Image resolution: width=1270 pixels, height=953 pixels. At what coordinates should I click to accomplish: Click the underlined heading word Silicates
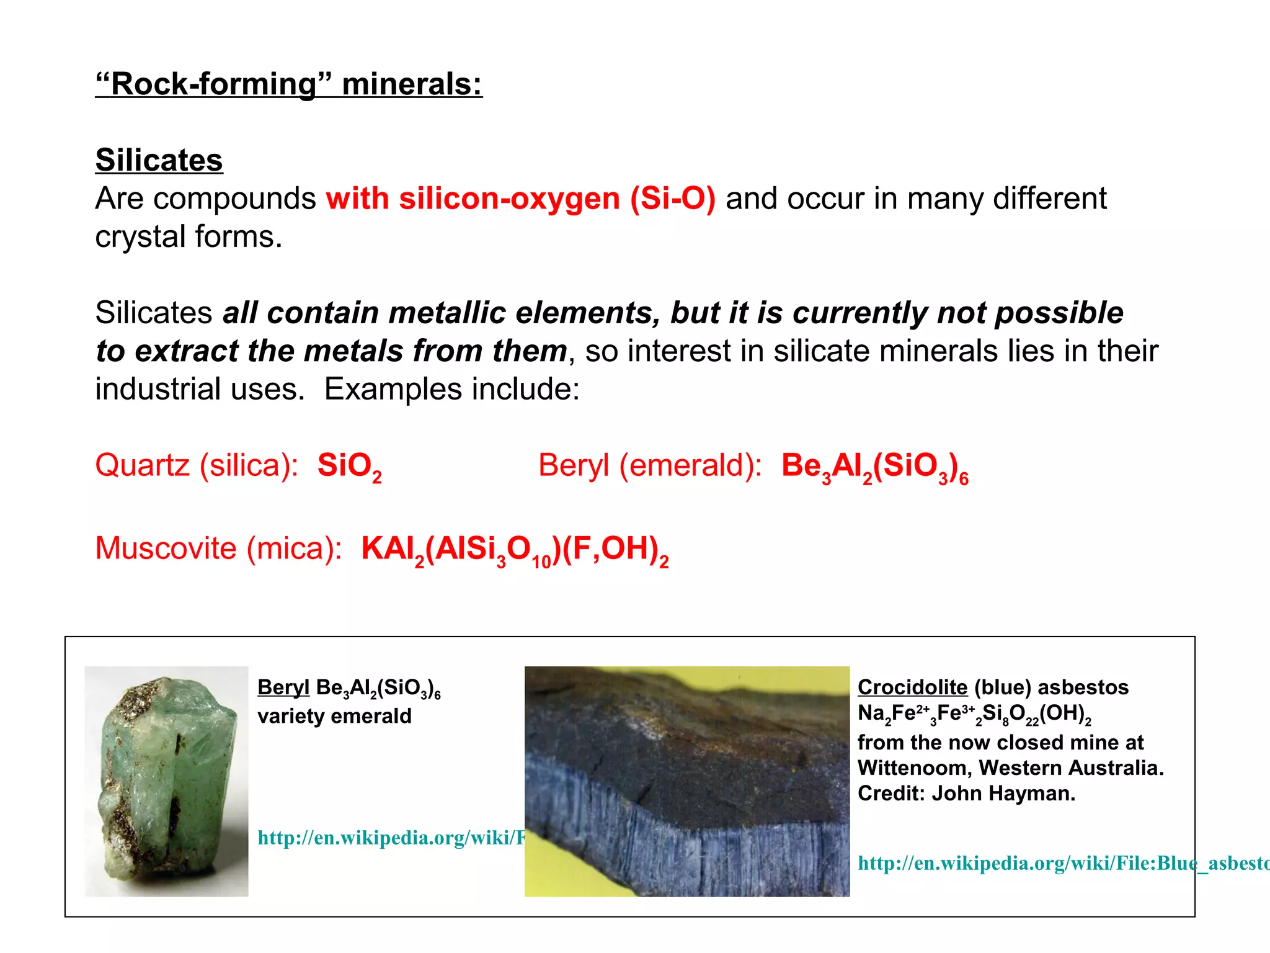159,160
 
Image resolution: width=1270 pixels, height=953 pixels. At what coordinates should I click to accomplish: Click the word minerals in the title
412,84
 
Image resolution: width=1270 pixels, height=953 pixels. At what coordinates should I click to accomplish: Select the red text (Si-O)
673,199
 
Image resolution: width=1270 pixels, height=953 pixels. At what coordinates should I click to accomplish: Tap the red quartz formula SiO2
349,466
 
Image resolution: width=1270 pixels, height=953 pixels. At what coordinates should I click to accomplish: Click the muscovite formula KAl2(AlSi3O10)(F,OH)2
515,549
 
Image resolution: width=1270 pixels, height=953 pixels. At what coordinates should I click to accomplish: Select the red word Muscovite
166,548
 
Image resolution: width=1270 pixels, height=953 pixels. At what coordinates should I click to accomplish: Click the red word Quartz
142,465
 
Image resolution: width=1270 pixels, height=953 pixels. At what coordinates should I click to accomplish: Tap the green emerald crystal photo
166,782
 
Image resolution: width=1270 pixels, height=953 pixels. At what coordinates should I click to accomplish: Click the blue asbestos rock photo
686,782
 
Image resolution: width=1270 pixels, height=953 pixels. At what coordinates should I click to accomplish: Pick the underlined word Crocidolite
912,687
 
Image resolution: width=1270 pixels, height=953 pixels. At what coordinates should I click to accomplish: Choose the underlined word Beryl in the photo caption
283,687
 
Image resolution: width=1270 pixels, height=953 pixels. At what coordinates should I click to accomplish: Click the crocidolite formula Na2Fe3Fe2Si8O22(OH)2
974,714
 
